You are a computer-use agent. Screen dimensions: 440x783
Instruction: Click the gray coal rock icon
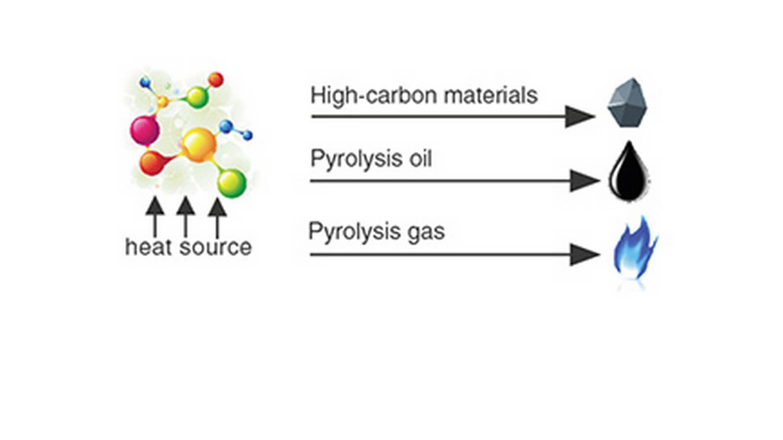click(x=628, y=103)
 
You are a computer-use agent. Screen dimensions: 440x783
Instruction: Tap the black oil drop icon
click(x=629, y=174)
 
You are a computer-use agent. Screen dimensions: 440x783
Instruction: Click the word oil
click(x=420, y=159)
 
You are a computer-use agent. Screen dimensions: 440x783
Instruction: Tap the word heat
click(x=149, y=247)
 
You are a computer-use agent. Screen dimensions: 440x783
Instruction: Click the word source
click(x=215, y=247)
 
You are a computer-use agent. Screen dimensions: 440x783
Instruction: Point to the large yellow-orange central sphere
click(x=198, y=145)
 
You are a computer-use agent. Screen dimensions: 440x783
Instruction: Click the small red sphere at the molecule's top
click(x=215, y=80)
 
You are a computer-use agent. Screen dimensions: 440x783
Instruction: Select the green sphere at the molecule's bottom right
click(x=231, y=183)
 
